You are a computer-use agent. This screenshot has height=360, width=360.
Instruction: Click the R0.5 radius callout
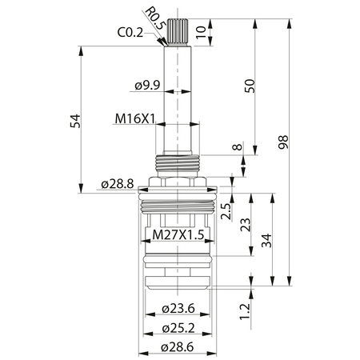click(155, 18)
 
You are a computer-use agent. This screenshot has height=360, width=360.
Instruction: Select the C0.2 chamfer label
click(130, 33)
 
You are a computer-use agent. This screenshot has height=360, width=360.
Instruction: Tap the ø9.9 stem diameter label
click(147, 86)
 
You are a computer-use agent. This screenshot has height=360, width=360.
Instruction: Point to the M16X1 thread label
click(135, 118)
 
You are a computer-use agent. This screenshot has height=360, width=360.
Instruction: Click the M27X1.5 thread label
click(178, 235)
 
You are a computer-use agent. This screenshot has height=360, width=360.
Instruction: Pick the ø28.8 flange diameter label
click(118, 184)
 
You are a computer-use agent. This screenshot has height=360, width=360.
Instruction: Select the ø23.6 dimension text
click(178, 309)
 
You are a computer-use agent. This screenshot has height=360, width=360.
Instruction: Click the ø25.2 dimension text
click(178, 328)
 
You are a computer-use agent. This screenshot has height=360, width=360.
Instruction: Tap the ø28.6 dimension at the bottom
click(178, 347)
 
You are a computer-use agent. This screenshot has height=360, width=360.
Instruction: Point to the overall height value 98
click(283, 142)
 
